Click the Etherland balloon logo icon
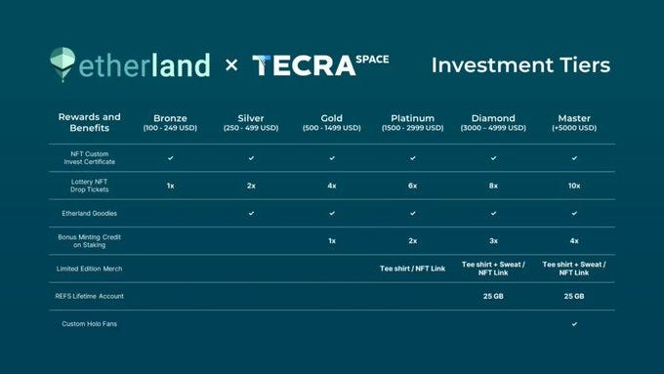click(62, 63)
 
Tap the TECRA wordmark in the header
click(304, 65)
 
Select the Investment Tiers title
click(520, 65)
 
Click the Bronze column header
click(170, 122)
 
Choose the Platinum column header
click(412, 122)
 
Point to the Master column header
click(574, 122)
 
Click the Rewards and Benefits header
click(90, 122)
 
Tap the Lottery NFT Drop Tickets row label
click(90, 186)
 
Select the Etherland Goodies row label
click(90, 214)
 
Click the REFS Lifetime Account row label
click(90, 296)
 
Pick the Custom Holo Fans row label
click(90, 324)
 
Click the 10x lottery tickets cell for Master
click(574, 186)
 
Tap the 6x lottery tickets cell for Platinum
click(412, 186)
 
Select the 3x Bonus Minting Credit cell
click(493, 241)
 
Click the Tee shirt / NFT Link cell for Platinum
click(412, 269)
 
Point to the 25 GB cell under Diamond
click(493, 296)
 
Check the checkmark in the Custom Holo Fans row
click(574, 324)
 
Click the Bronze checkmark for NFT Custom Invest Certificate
click(170, 158)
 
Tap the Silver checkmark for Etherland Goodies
click(251, 214)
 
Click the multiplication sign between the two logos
click(231, 65)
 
